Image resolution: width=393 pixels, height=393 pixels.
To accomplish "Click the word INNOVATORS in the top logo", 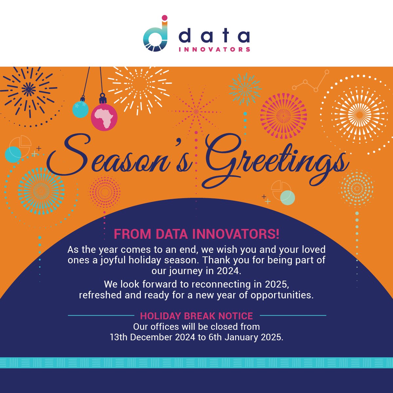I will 215,50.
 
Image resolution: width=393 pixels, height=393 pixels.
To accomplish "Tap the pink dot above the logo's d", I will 165,17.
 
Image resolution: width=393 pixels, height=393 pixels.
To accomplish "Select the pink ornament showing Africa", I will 104,117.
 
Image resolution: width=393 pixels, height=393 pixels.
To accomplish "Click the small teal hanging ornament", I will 80,109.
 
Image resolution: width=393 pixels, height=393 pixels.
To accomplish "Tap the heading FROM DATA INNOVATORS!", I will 196,234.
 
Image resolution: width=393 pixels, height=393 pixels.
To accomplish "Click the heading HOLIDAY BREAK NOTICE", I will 196,316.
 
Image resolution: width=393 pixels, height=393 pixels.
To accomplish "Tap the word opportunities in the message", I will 282,295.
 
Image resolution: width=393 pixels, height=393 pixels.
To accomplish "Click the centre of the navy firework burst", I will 28,88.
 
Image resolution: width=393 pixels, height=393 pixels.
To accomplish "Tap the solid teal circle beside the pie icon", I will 13,155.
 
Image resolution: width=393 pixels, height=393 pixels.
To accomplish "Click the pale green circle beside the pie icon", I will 288,198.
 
